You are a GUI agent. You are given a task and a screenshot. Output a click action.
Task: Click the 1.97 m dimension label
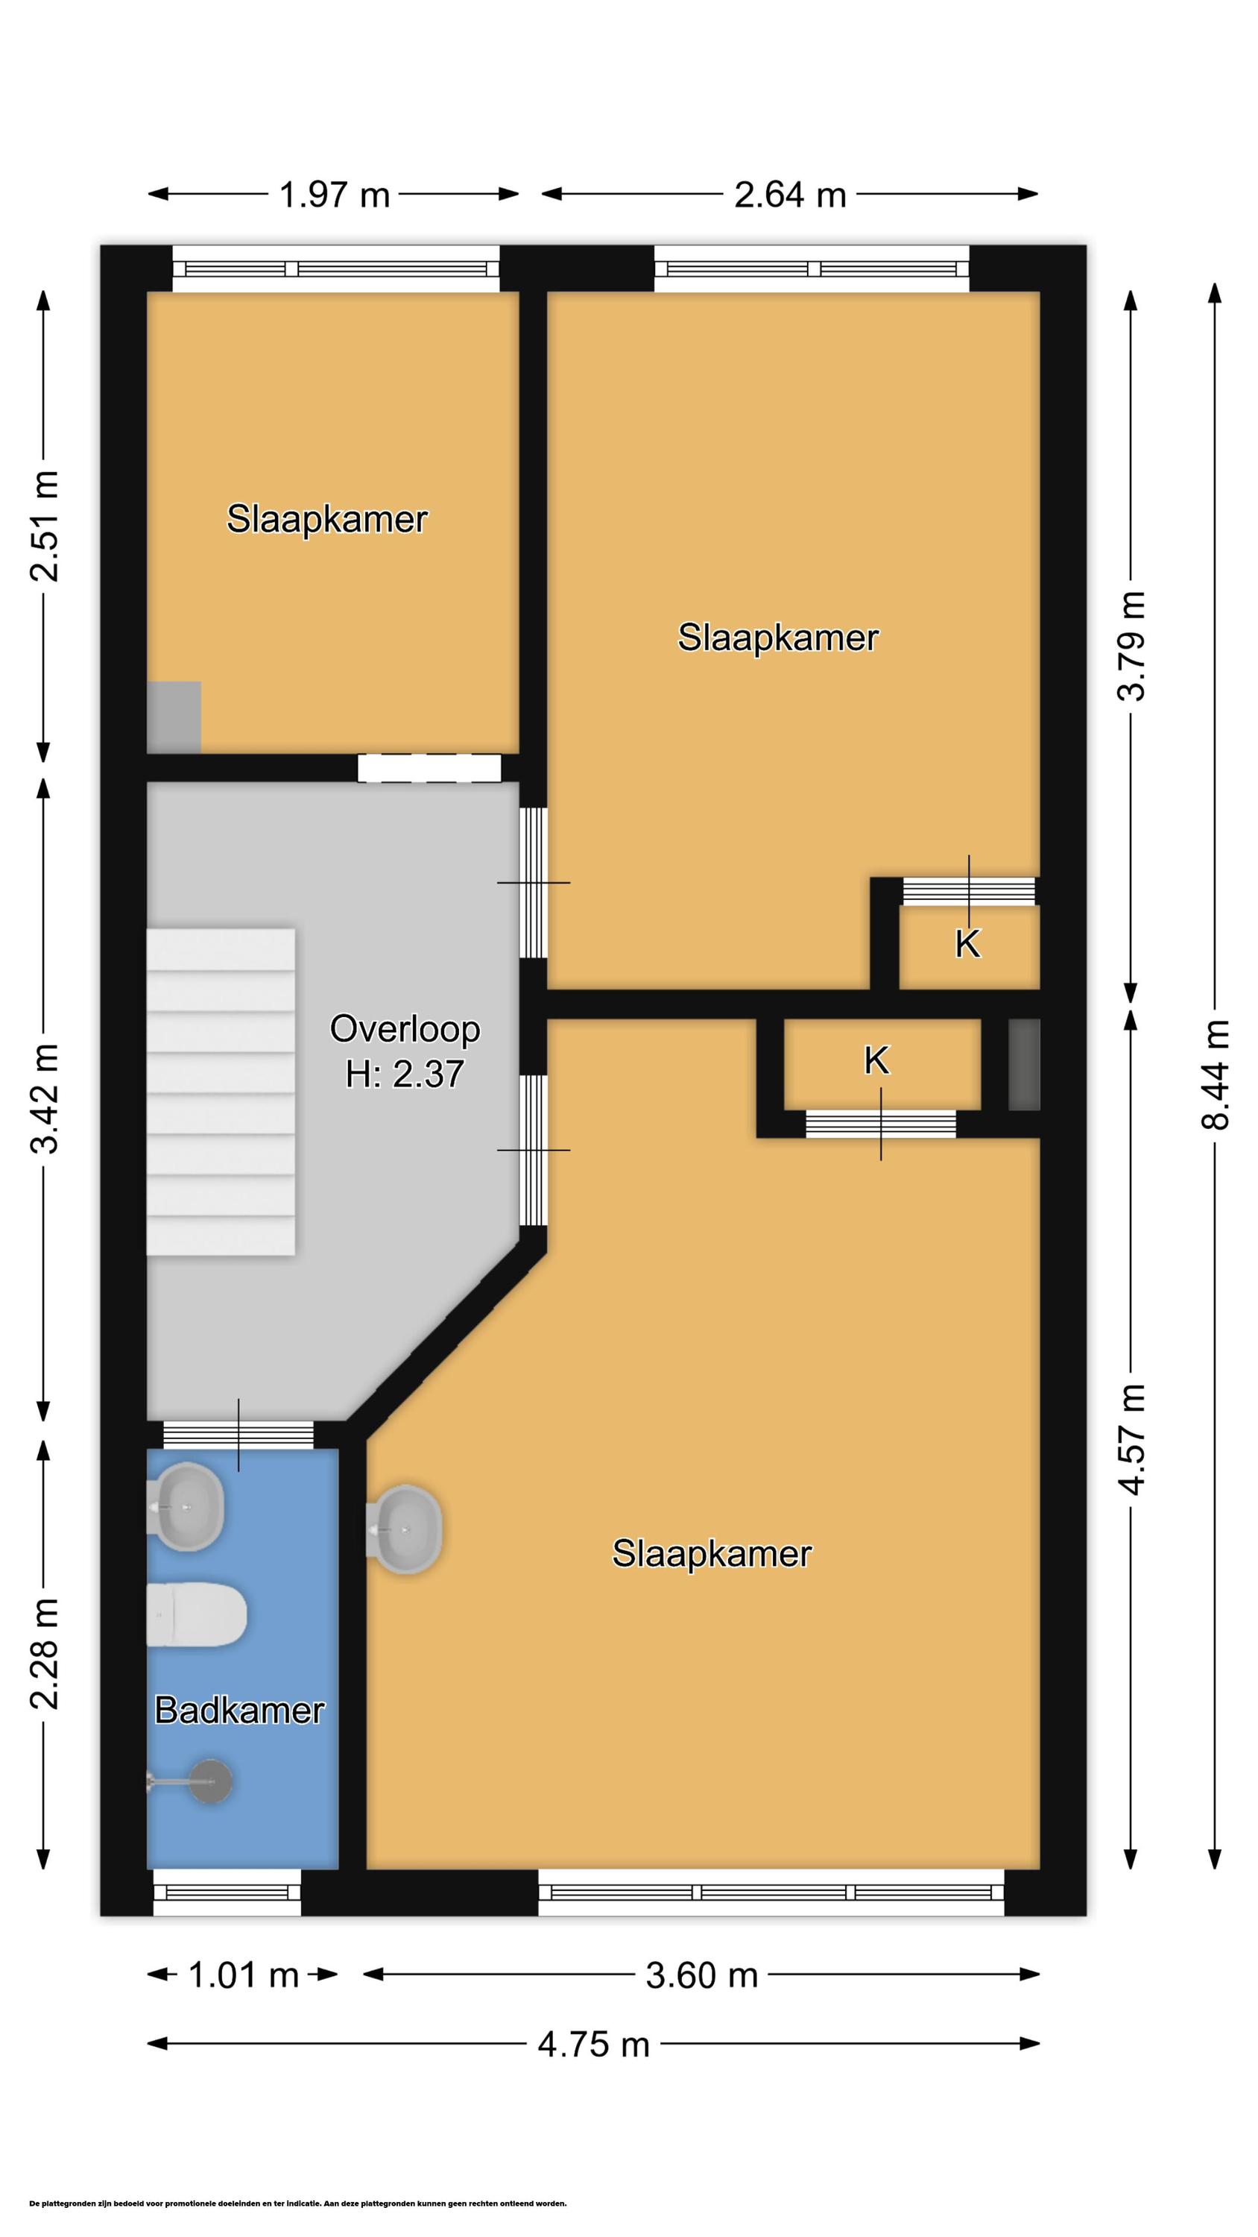[335, 195]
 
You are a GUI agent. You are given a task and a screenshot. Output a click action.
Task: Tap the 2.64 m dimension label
[790, 195]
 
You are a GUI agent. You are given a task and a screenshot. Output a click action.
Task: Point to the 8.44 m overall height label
[1216, 1075]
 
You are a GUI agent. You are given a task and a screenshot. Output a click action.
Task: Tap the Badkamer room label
[240, 1710]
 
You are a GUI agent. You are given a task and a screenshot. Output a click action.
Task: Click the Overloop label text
[405, 1029]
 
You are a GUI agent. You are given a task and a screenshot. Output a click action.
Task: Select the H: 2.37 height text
[405, 1075]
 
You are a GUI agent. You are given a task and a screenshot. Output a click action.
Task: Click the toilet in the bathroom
[196, 1614]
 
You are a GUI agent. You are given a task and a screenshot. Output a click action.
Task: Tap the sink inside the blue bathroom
[186, 1507]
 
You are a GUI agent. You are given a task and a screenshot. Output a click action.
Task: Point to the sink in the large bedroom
[405, 1529]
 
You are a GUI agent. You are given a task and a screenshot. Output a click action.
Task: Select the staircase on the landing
[221, 1092]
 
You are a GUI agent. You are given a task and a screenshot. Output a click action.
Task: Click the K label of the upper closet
[967, 944]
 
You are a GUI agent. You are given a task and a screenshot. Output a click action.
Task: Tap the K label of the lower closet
[877, 1060]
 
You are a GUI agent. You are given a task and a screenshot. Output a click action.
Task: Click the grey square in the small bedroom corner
[174, 717]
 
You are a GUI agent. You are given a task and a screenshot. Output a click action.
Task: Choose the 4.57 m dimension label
[1131, 1440]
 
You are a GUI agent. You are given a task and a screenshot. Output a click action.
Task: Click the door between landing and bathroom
[238, 1435]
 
